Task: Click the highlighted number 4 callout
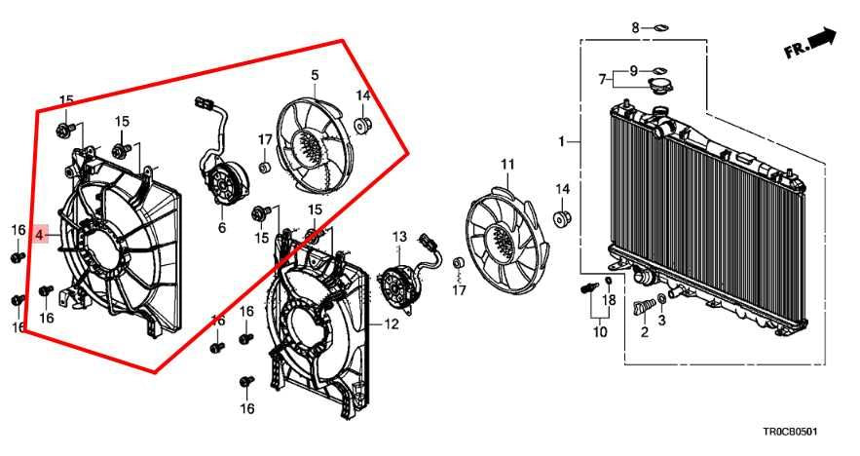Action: (x=40, y=235)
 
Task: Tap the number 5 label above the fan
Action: (x=315, y=74)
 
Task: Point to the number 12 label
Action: (x=391, y=324)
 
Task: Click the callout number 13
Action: (x=398, y=237)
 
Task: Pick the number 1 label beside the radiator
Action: (x=561, y=142)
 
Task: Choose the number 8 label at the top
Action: (x=635, y=27)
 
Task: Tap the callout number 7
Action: (x=603, y=78)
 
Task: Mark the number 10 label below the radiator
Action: (x=599, y=332)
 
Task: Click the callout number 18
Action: (x=609, y=299)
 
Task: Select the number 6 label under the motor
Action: (x=221, y=228)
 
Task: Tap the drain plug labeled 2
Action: (x=641, y=307)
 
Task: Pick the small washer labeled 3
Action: (x=662, y=298)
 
